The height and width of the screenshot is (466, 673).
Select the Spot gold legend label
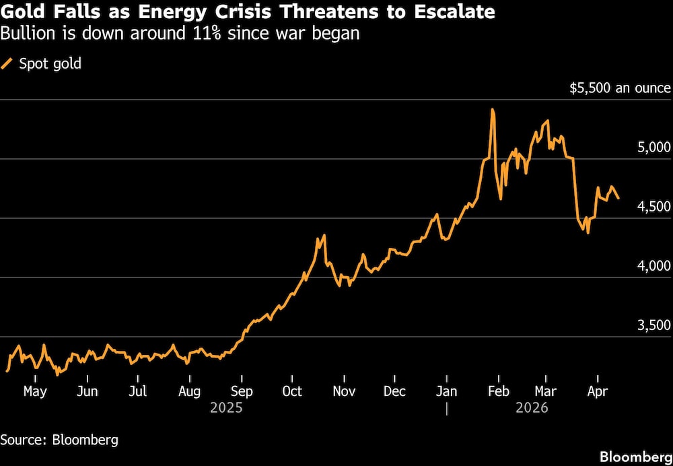tap(50, 65)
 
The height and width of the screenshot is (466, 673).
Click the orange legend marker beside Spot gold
tap(7, 64)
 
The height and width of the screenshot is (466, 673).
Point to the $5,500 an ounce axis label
tap(620, 88)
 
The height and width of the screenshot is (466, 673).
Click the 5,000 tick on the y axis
tap(653, 147)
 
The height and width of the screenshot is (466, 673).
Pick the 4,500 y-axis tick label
tap(653, 207)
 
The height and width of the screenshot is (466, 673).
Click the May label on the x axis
tap(34, 392)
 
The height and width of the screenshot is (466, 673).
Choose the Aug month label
tap(190, 392)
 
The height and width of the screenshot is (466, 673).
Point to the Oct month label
tap(293, 392)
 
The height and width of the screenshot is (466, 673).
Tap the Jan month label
tap(446, 392)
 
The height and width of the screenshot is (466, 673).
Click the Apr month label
tap(598, 392)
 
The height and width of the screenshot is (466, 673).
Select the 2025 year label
tap(225, 408)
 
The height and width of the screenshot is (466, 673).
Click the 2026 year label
tap(532, 408)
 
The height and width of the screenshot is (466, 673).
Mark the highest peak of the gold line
tap(493, 109)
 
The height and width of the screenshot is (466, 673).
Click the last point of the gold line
tap(618, 198)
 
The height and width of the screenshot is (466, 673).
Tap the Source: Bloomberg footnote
tap(59, 440)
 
